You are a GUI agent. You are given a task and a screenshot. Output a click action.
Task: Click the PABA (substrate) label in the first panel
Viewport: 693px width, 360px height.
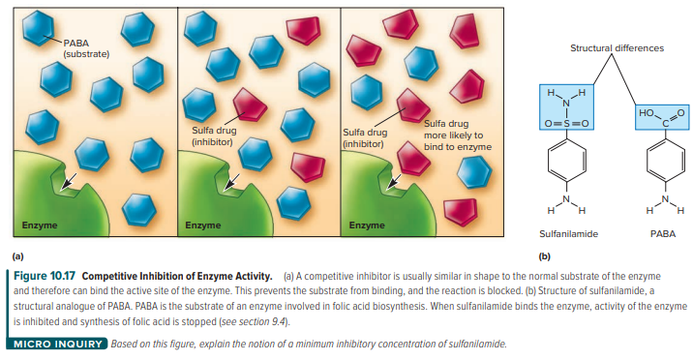[86, 48]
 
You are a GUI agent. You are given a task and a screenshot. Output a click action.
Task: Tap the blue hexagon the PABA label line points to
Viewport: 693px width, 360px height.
[39, 27]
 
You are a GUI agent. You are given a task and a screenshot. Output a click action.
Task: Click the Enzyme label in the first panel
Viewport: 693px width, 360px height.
[40, 225]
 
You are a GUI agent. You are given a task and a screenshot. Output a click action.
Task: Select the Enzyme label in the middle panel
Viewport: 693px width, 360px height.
[203, 225]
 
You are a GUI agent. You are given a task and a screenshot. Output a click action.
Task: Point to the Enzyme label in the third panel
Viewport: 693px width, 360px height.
[367, 225]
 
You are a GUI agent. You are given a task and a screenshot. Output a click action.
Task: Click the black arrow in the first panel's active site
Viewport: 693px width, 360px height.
[68, 181]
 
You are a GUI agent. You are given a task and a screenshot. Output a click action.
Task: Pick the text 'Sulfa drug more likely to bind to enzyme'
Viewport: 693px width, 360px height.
[458, 135]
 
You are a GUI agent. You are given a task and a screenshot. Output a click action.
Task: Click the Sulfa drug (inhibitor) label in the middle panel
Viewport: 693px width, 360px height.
[214, 136]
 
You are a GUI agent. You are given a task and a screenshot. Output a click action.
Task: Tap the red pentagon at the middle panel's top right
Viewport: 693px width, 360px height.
[303, 30]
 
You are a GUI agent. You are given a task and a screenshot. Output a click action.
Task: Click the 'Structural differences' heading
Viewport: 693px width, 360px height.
[617, 48]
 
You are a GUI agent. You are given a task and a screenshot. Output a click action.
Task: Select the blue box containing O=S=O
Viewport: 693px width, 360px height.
[566, 106]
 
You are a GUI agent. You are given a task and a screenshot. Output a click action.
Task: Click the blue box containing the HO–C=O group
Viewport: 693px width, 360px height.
[662, 117]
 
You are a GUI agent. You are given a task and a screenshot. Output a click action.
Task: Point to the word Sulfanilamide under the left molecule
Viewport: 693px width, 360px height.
[568, 233]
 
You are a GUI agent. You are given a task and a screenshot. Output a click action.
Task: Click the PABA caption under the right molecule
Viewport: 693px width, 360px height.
[663, 233]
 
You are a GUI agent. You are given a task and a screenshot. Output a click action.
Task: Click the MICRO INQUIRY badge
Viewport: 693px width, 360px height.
[57, 344]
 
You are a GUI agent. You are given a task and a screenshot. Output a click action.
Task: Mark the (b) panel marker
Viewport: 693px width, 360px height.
[545, 255]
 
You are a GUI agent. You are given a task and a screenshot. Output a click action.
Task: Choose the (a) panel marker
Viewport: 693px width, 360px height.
[18, 255]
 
